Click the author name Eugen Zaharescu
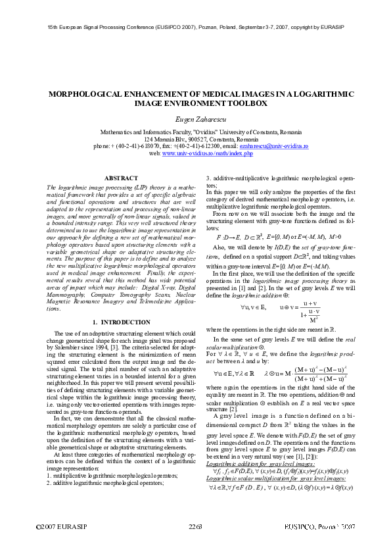pos(196,116)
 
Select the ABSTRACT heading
pos(121,178)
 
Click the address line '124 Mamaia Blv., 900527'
pos(196,139)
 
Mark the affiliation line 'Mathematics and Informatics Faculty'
pos(196,132)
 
